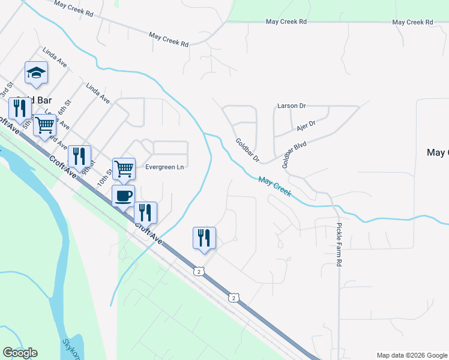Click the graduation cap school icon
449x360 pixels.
[x=36, y=73]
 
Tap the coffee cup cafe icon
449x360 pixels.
[x=124, y=196]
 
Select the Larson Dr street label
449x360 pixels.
[x=292, y=106]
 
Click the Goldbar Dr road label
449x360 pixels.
[x=247, y=151]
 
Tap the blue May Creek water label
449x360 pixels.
[x=275, y=187]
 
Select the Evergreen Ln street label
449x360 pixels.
[x=164, y=167]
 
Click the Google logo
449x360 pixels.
[x=20, y=353]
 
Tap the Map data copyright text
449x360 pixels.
[x=412, y=355]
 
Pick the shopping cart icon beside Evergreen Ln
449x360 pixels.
[x=124, y=169]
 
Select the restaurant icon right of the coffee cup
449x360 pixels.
[x=145, y=212]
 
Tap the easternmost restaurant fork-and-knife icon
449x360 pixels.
[x=204, y=238]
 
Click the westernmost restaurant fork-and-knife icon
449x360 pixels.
[x=20, y=108]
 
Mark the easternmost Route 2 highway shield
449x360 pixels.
[x=234, y=298]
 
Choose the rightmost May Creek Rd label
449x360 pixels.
[x=412, y=22]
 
